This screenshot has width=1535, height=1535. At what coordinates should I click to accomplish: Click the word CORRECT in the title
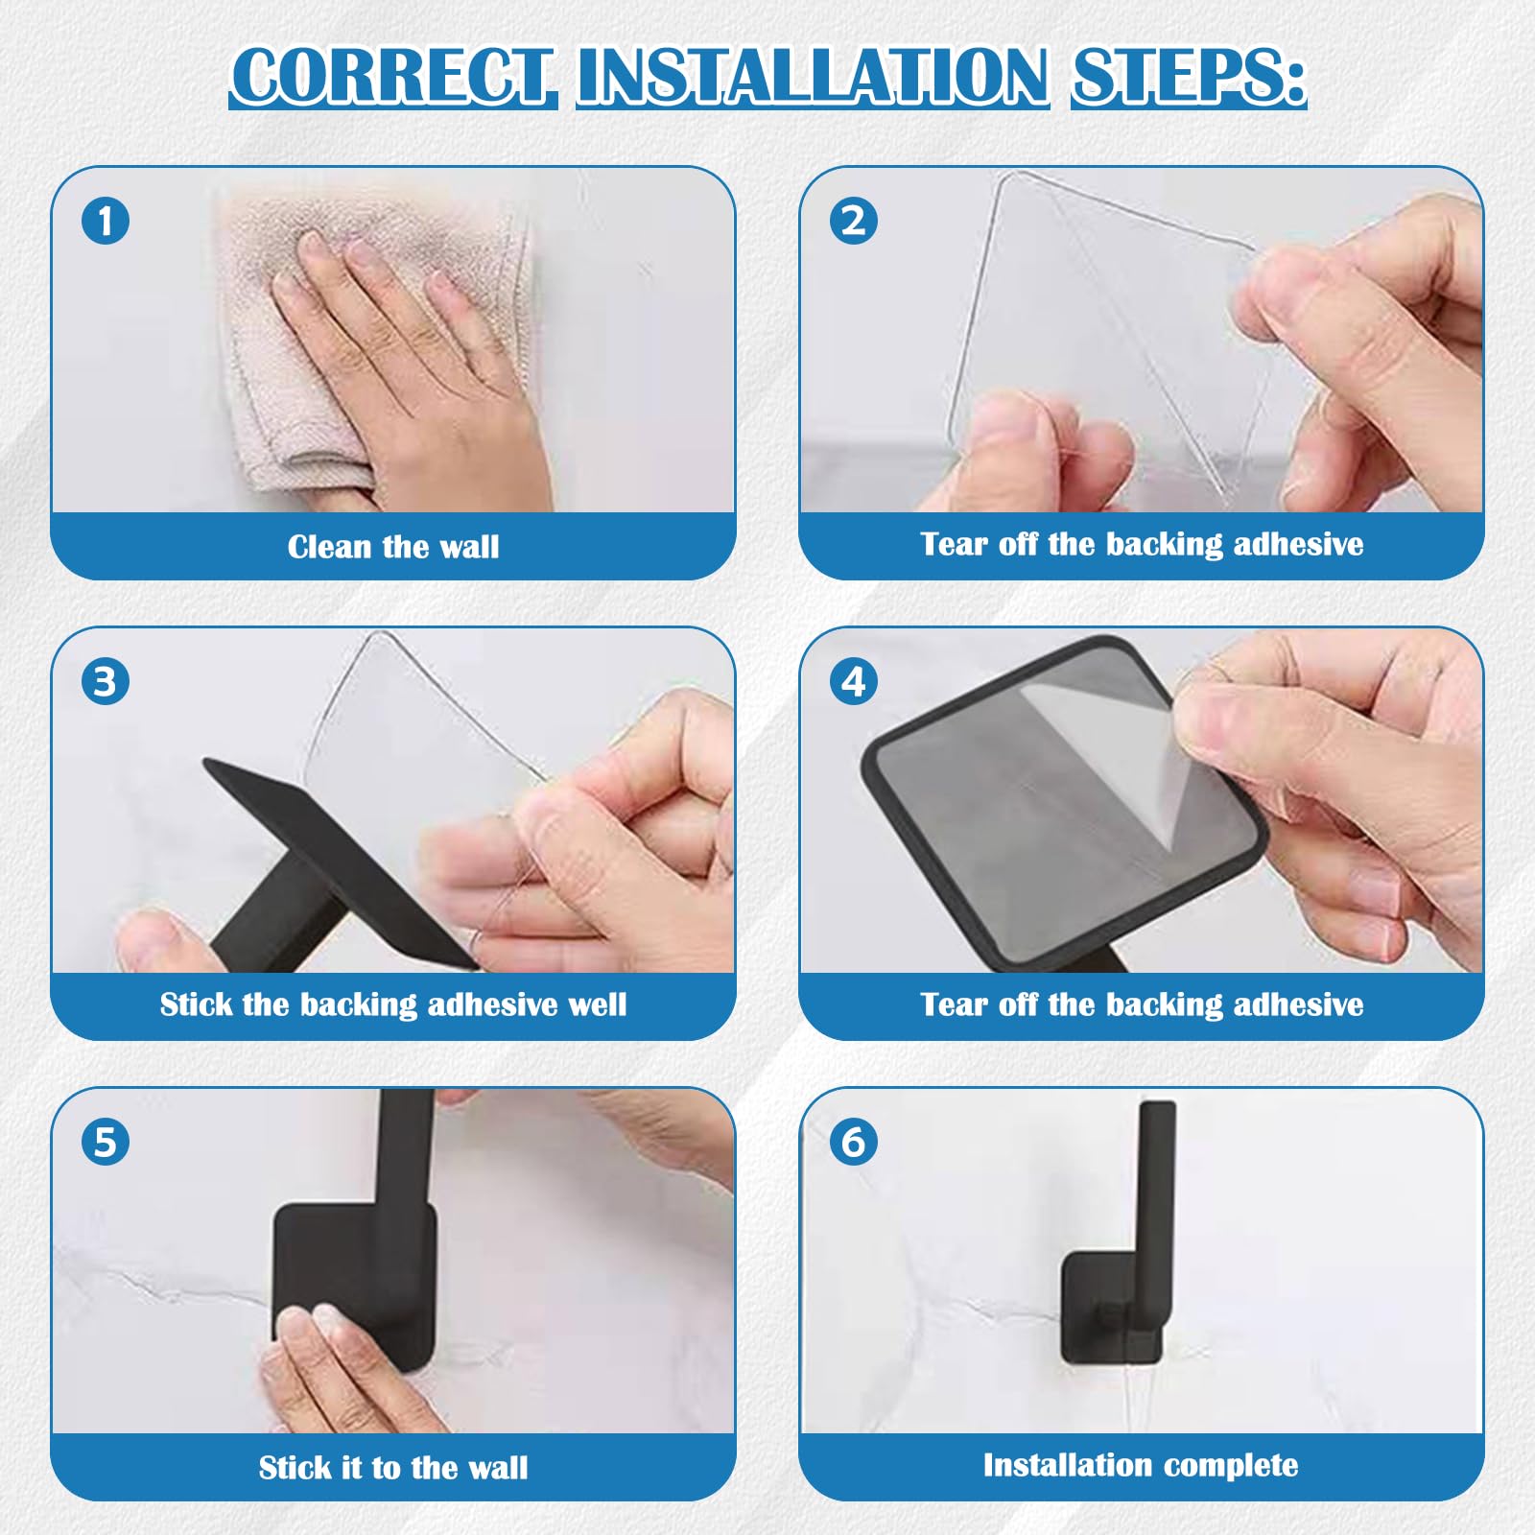click(393, 76)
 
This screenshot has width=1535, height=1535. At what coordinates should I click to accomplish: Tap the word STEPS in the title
click(1188, 76)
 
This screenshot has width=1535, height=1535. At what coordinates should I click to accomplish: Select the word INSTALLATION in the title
click(813, 76)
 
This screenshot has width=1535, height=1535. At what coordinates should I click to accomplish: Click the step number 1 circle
click(106, 221)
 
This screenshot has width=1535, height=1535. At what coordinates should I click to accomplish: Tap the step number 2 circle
click(853, 221)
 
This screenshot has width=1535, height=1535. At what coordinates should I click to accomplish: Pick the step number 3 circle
click(106, 682)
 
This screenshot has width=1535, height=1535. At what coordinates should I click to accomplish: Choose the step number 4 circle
click(853, 682)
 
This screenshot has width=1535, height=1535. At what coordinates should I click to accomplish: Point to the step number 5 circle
click(106, 1143)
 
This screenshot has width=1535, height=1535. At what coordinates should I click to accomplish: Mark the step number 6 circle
click(853, 1143)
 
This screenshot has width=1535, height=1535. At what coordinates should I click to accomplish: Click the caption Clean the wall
click(393, 547)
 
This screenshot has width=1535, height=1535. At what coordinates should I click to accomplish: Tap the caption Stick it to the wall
click(393, 1468)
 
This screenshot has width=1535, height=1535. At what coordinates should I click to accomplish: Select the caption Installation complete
click(1141, 1465)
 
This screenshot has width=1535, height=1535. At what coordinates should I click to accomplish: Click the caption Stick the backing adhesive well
click(393, 1004)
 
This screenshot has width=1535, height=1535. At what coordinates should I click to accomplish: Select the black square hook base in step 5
click(355, 1286)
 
